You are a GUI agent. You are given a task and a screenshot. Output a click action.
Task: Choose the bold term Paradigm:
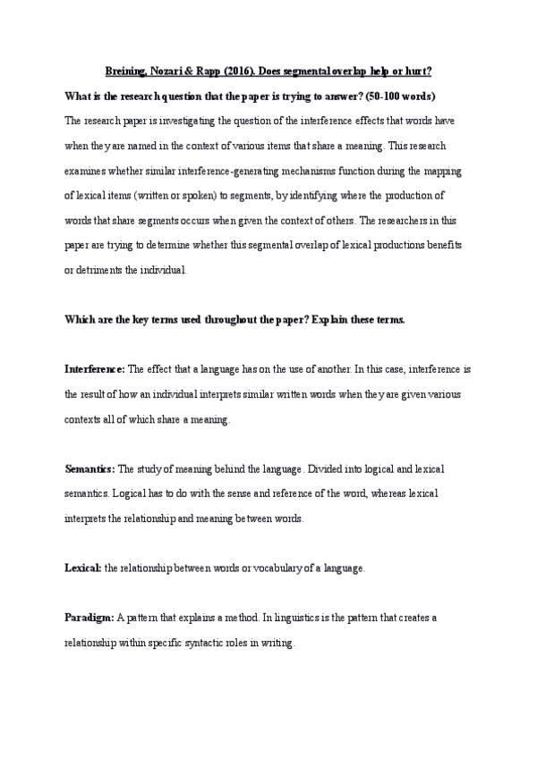pyautogui.click(x=89, y=618)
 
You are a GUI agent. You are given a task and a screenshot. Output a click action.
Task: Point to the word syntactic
pyautogui.click(x=208, y=643)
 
